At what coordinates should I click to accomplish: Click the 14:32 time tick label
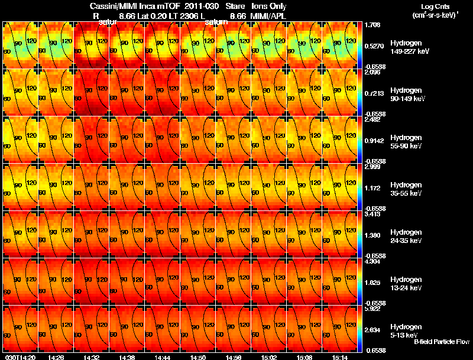[x=91, y=357]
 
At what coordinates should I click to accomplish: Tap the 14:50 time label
[x=197, y=357]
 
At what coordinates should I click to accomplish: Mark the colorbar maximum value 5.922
[x=372, y=309]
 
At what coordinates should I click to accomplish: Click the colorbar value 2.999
[x=372, y=167]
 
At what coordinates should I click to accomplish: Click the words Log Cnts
[x=434, y=5]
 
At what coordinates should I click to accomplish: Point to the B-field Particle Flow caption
[x=441, y=342]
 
